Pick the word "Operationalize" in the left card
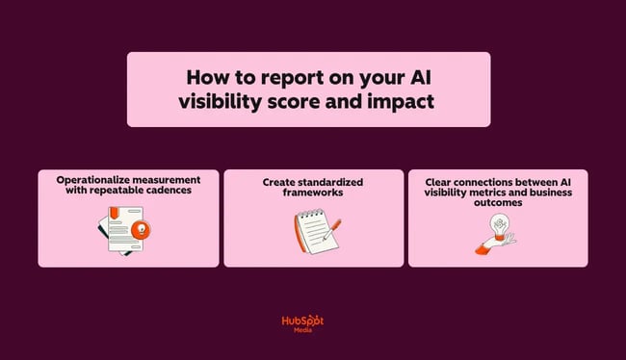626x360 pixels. [94, 179]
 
